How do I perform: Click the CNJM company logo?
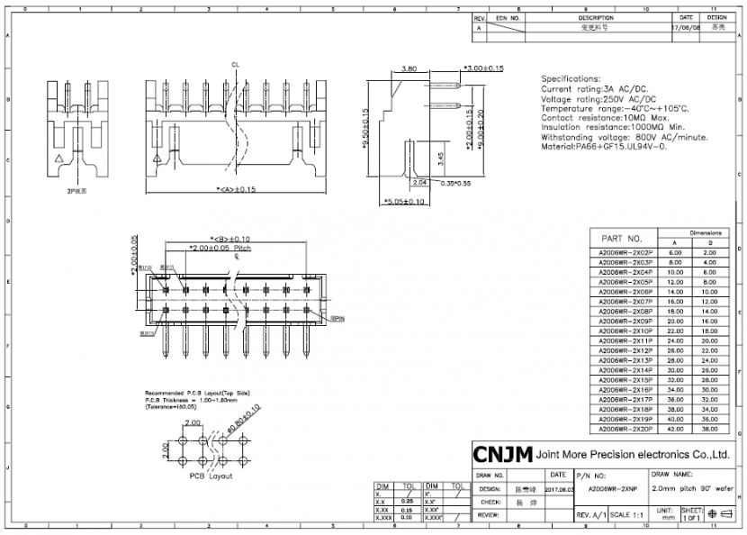coord(501,453)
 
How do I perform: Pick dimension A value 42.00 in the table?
coord(675,429)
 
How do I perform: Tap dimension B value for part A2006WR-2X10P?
coord(709,331)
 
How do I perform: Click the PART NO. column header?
coord(624,238)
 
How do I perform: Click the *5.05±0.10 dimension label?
coord(404,202)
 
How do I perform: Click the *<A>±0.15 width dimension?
coord(222,189)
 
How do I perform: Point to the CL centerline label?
coord(235,65)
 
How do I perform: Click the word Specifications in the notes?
coord(571,79)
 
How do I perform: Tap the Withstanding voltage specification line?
coord(625,137)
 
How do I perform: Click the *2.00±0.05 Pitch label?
coord(220,246)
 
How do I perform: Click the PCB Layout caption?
coord(211,476)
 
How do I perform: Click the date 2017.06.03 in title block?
coord(559,489)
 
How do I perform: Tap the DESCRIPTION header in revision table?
coord(596,17)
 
